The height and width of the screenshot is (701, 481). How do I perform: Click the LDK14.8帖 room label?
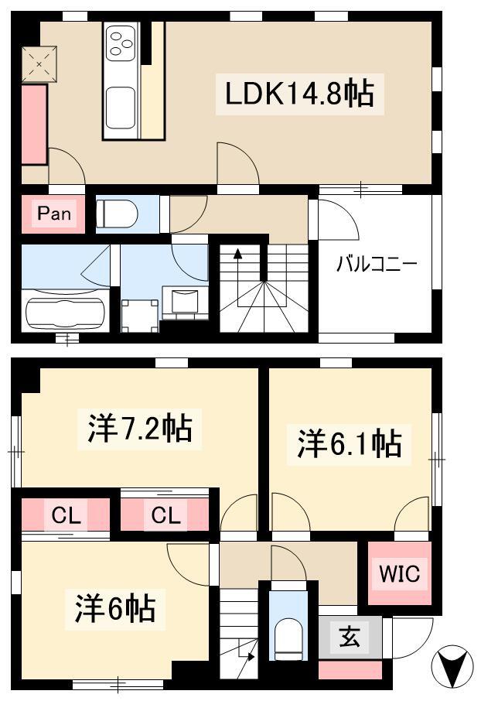point(299,94)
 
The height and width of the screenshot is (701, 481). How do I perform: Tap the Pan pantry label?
point(53,214)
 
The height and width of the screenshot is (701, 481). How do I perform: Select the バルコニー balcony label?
point(377,264)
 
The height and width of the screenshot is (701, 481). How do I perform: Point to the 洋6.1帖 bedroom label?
point(349,443)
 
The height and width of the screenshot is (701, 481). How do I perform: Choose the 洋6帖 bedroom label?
point(115,608)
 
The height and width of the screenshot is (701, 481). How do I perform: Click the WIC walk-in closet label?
point(399,573)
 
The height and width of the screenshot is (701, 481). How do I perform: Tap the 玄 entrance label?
point(350,637)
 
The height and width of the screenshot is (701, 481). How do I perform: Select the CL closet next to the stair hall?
point(165,515)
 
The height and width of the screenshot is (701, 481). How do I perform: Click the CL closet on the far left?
point(66,515)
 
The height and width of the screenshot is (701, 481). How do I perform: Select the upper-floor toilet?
point(117,214)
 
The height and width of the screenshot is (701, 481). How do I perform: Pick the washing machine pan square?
point(140,316)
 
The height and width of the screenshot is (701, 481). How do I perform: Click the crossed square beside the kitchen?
point(39,64)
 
